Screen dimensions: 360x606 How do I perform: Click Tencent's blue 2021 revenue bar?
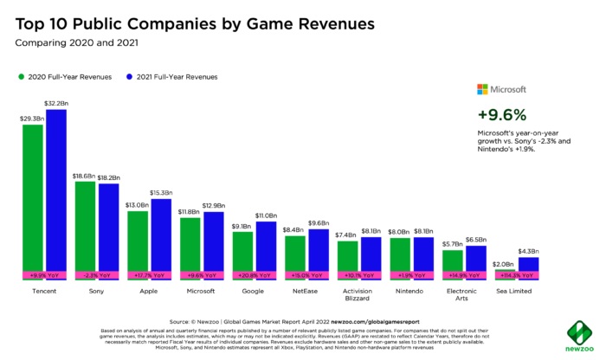(x=56, y=190)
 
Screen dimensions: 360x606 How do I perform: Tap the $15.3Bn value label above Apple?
(x=162, y=192)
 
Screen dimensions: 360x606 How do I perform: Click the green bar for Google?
(x=243, y=251)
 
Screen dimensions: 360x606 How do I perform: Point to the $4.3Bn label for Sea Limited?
(x=528, y=251)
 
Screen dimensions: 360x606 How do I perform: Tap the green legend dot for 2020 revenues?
(x=22, y=76)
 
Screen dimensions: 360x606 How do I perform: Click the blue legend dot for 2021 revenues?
(x=128, y=76)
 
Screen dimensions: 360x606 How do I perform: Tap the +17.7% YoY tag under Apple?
(x=150, y=275)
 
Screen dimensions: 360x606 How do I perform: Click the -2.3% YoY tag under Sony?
(x=97, y=275)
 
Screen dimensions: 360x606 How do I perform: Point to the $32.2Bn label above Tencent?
(x=57, y=103)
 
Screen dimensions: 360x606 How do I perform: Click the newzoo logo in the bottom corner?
(x=578, y=337)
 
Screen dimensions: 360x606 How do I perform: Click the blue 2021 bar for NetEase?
(x=319, y=251)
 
